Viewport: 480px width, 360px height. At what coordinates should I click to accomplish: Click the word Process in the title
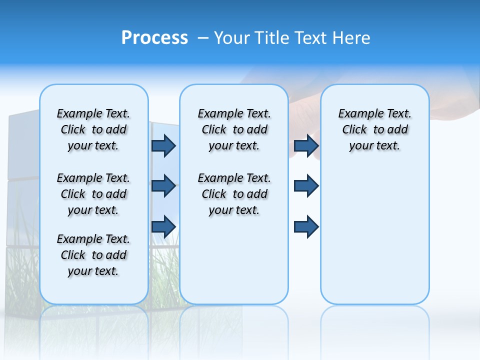(154, 38)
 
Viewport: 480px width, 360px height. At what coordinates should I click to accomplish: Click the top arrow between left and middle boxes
(163, 145)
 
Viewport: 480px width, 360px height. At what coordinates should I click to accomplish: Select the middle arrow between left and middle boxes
(163, 186)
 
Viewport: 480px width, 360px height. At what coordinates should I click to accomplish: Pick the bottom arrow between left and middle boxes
(163, 226)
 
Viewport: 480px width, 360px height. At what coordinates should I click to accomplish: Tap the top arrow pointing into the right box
(306, 145)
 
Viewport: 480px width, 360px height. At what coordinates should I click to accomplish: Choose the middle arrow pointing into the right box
(306, 186)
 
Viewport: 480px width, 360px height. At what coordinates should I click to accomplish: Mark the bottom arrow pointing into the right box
(306, 226)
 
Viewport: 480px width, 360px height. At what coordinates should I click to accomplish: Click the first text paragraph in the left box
(93, 129)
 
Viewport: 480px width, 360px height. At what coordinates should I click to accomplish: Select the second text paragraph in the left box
(93, 194)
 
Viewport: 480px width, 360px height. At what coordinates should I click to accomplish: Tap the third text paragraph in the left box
(93, 255)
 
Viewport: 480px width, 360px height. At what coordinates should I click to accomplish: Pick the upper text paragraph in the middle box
(234, 129)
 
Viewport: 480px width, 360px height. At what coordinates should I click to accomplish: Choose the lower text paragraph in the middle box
(234, 194)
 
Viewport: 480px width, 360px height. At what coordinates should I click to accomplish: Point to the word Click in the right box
(354, 130)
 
